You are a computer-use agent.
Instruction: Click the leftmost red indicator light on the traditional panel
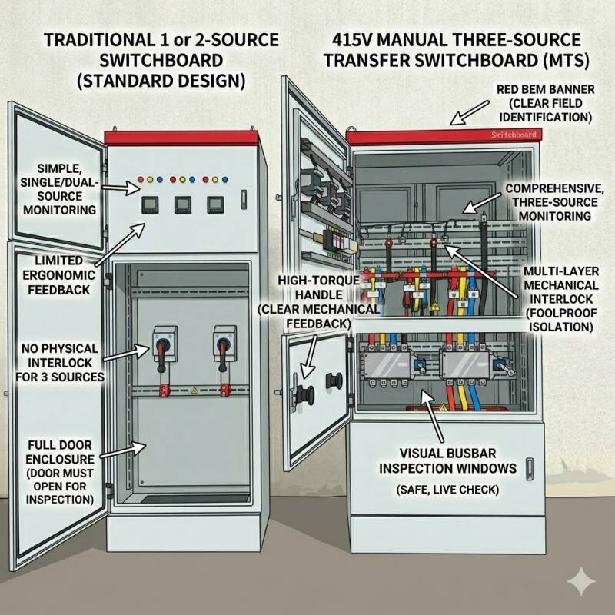pos(140,181)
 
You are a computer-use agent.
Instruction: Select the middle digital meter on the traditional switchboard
pos(182,204)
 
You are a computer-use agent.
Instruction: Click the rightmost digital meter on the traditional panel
pos(216,204)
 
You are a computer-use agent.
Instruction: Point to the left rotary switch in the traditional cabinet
pos(163,341)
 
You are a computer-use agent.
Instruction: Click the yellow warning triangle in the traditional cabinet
pos(194,391)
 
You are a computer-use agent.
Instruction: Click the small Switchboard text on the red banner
pos(514,135)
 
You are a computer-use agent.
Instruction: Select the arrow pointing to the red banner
pos(465,114)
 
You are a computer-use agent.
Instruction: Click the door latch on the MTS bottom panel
pos(529,467)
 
